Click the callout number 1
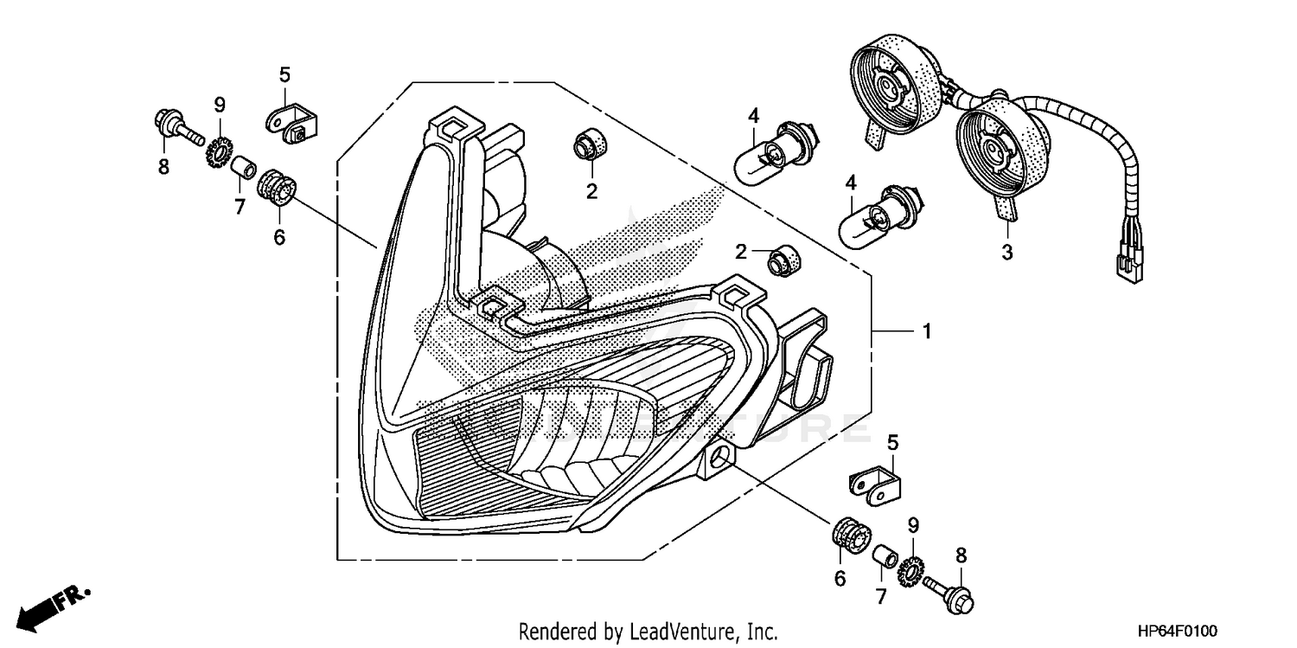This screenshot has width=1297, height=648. (926, 331)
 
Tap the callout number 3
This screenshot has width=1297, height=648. (1006, 253)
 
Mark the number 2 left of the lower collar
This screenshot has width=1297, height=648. (741, 252)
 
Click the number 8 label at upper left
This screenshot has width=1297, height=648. (163, 167)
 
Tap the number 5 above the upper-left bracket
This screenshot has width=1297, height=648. (284, 75)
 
